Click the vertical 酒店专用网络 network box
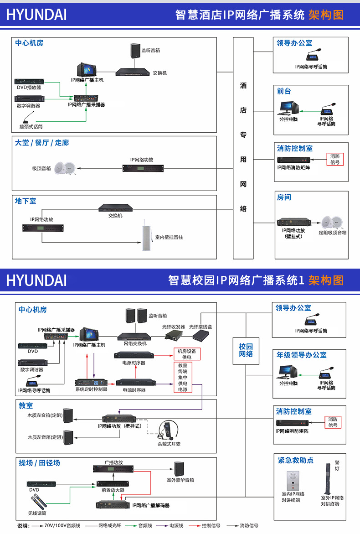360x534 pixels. point(243,148)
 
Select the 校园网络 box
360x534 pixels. point(246,350)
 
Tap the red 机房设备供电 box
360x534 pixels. point(186,354)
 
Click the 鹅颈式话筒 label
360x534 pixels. point(31,126)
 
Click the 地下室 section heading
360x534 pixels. point(26,201)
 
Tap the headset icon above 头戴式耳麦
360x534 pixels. point(168,430)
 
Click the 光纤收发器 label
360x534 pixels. point(174,327)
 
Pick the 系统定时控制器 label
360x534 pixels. point(91,390)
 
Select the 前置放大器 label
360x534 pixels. point(113,490)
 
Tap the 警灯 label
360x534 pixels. point(337,465)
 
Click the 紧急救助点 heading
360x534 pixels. point(296,460)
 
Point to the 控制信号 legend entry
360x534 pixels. point(211,526)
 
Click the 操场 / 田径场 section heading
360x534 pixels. point(39,463)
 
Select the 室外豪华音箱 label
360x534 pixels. point(180,480)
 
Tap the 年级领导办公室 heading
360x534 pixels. point(302,355)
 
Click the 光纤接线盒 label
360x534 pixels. point(201,327)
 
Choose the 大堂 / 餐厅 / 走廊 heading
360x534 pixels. point(42,143)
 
